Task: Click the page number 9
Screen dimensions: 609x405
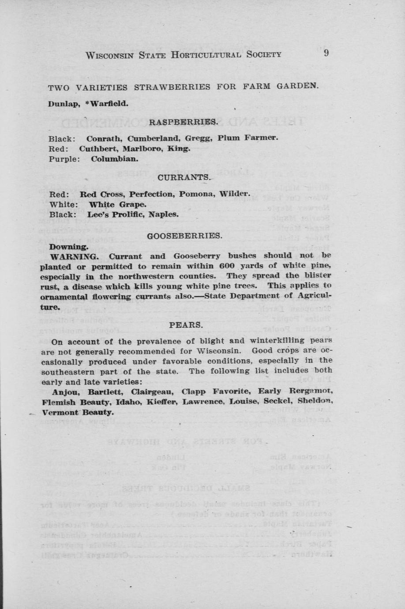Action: [x=326, y=53]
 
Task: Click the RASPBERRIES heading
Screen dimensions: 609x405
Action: [x=183, y=121]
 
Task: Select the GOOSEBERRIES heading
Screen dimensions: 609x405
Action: [x=184, y=236]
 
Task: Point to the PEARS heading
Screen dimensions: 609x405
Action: [x=186, y=325]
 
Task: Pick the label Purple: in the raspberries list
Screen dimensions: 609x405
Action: [x=64, y=159]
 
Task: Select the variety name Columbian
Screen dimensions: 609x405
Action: [x=114, y=159]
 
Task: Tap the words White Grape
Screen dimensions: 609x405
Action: [x=117, y=205]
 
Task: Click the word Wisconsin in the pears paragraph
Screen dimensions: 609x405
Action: [x=218, y=351]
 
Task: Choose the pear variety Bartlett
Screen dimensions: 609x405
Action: [x=104, y=392]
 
